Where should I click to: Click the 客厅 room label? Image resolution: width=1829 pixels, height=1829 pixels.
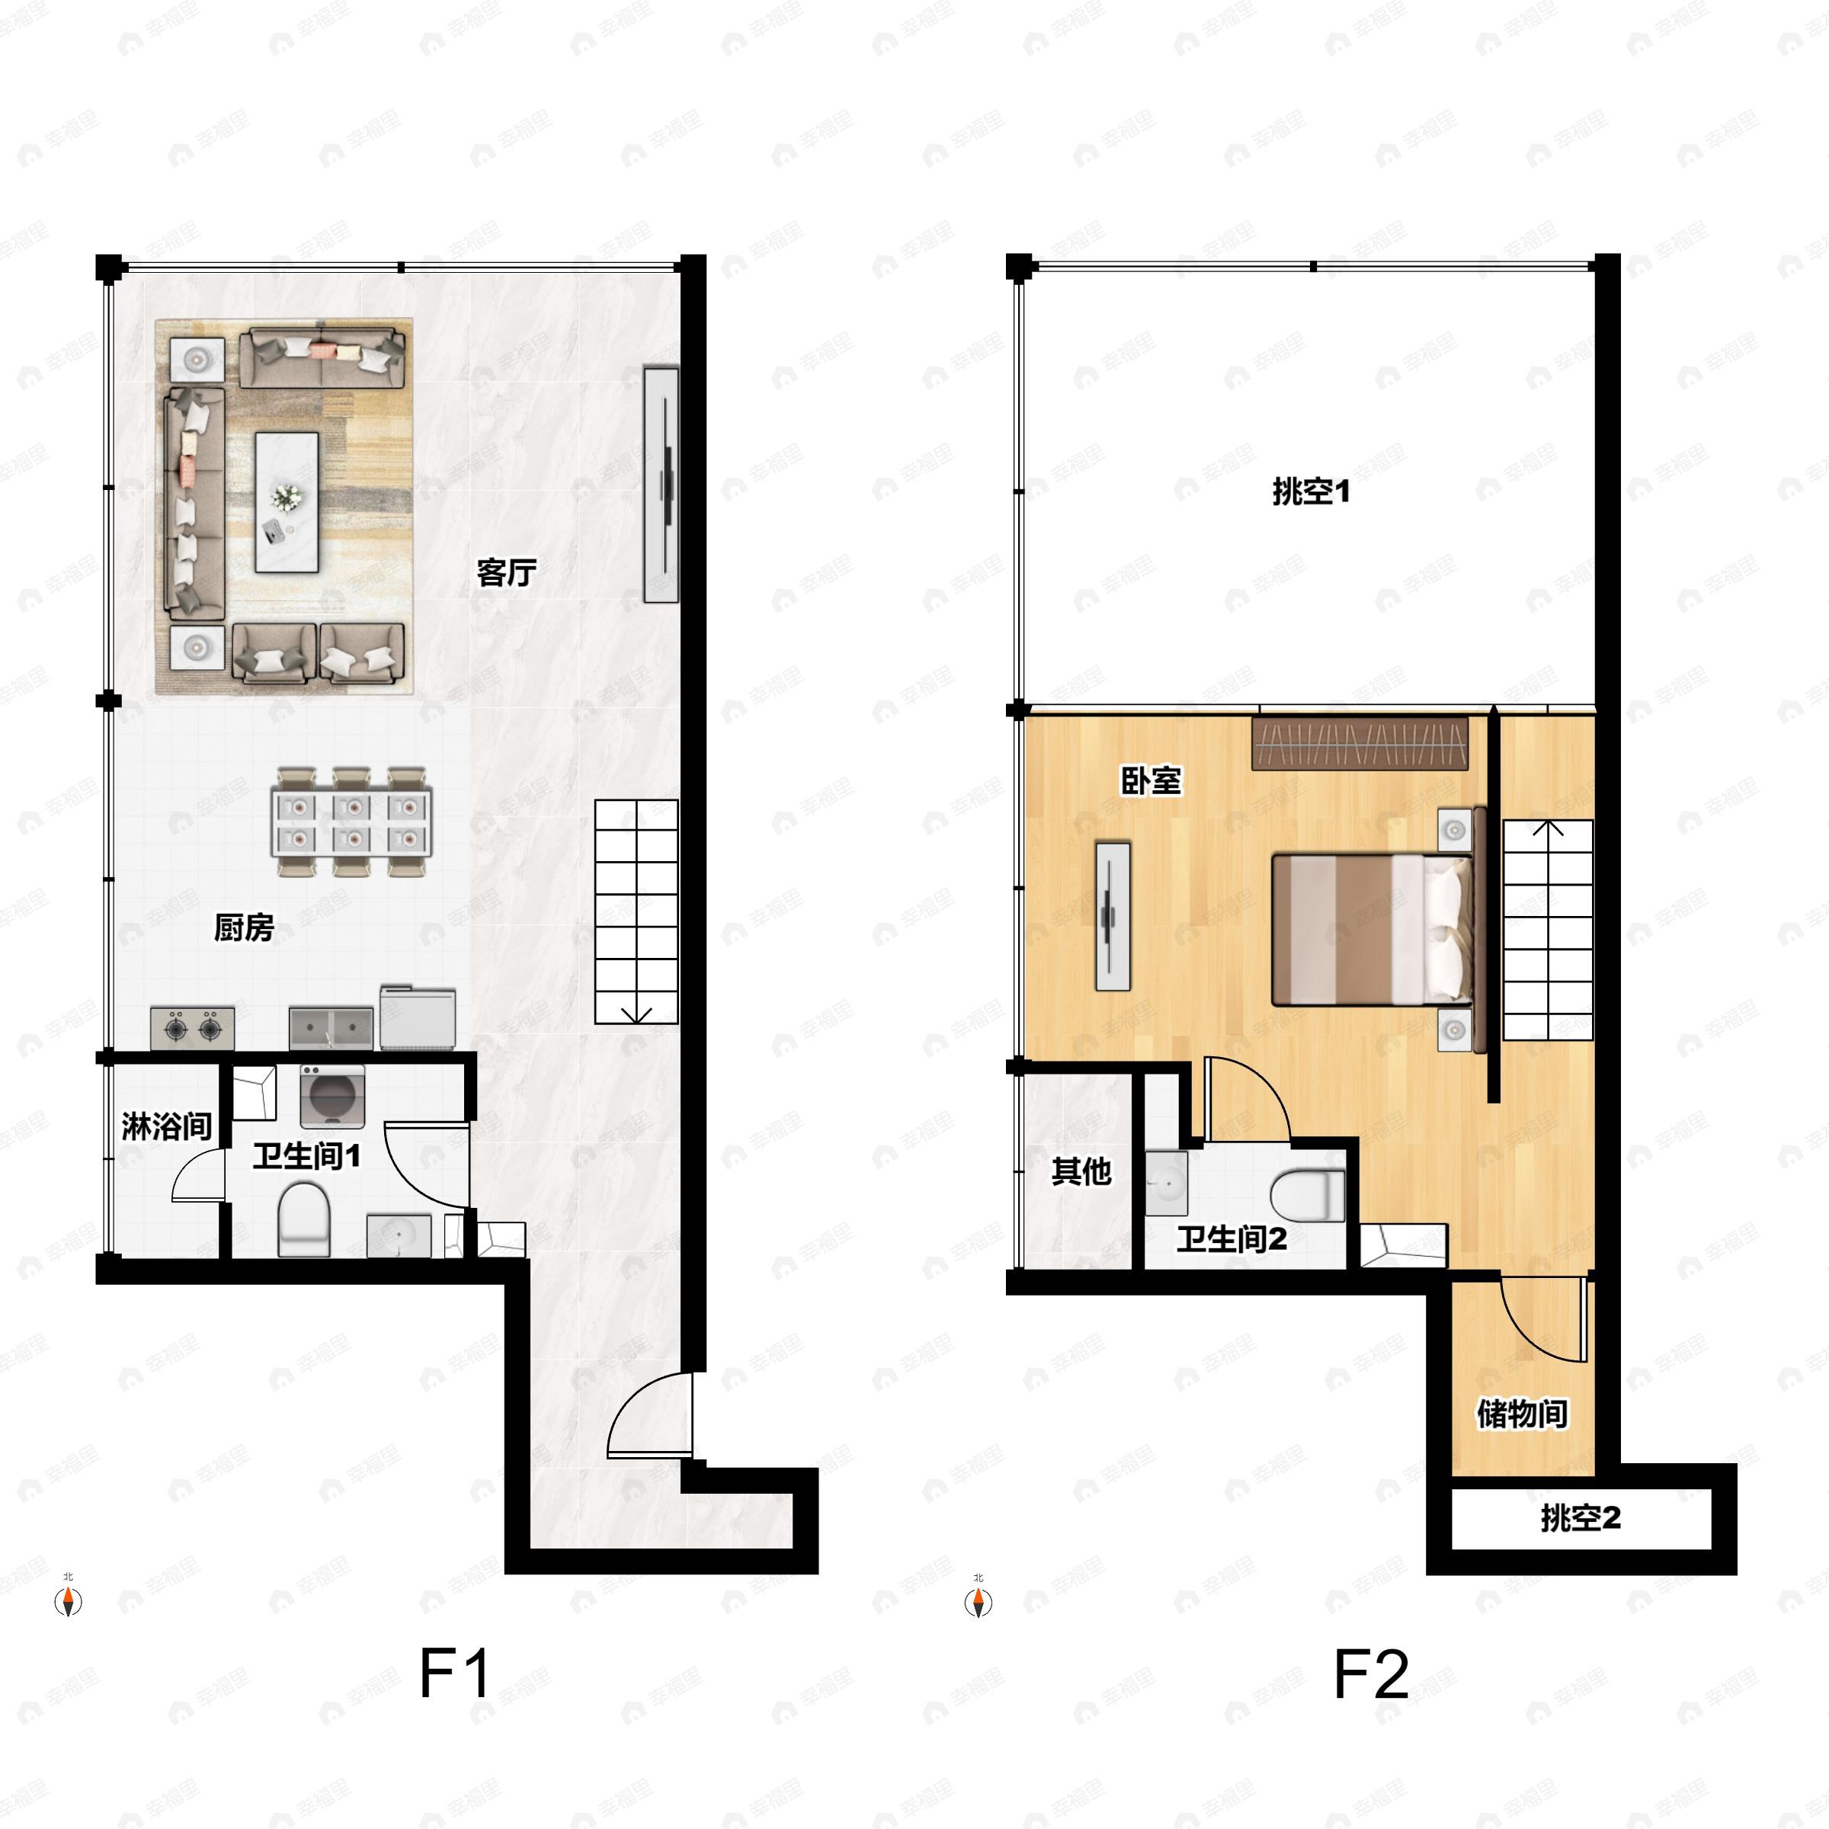[507, 573]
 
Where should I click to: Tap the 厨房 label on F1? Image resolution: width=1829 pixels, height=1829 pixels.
[243, 927]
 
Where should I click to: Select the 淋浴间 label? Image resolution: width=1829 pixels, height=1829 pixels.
[167, 1126]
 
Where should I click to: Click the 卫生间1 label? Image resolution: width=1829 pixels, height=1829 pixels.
[306, 1156]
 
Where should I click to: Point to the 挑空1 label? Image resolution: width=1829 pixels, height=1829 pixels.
[1311, 492]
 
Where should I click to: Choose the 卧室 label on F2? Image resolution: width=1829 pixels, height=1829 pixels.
[1152, 781]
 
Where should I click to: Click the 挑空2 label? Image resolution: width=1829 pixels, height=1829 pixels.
[1581, 1520]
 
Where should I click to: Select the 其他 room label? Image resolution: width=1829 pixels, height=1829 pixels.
[1081, 1172]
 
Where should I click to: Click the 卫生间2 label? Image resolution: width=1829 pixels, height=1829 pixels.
[1232, 1239]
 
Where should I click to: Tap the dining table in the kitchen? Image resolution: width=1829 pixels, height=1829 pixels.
[351, 822]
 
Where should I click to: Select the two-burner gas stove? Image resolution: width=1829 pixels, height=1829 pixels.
[193, 1028]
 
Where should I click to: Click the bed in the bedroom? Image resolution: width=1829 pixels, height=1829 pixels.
[1372, 930]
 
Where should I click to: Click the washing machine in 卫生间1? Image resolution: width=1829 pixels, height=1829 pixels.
[332, 1097]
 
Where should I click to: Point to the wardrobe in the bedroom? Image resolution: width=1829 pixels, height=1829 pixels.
[1360, 744]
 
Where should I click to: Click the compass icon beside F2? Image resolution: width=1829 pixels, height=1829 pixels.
[979, 1602]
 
